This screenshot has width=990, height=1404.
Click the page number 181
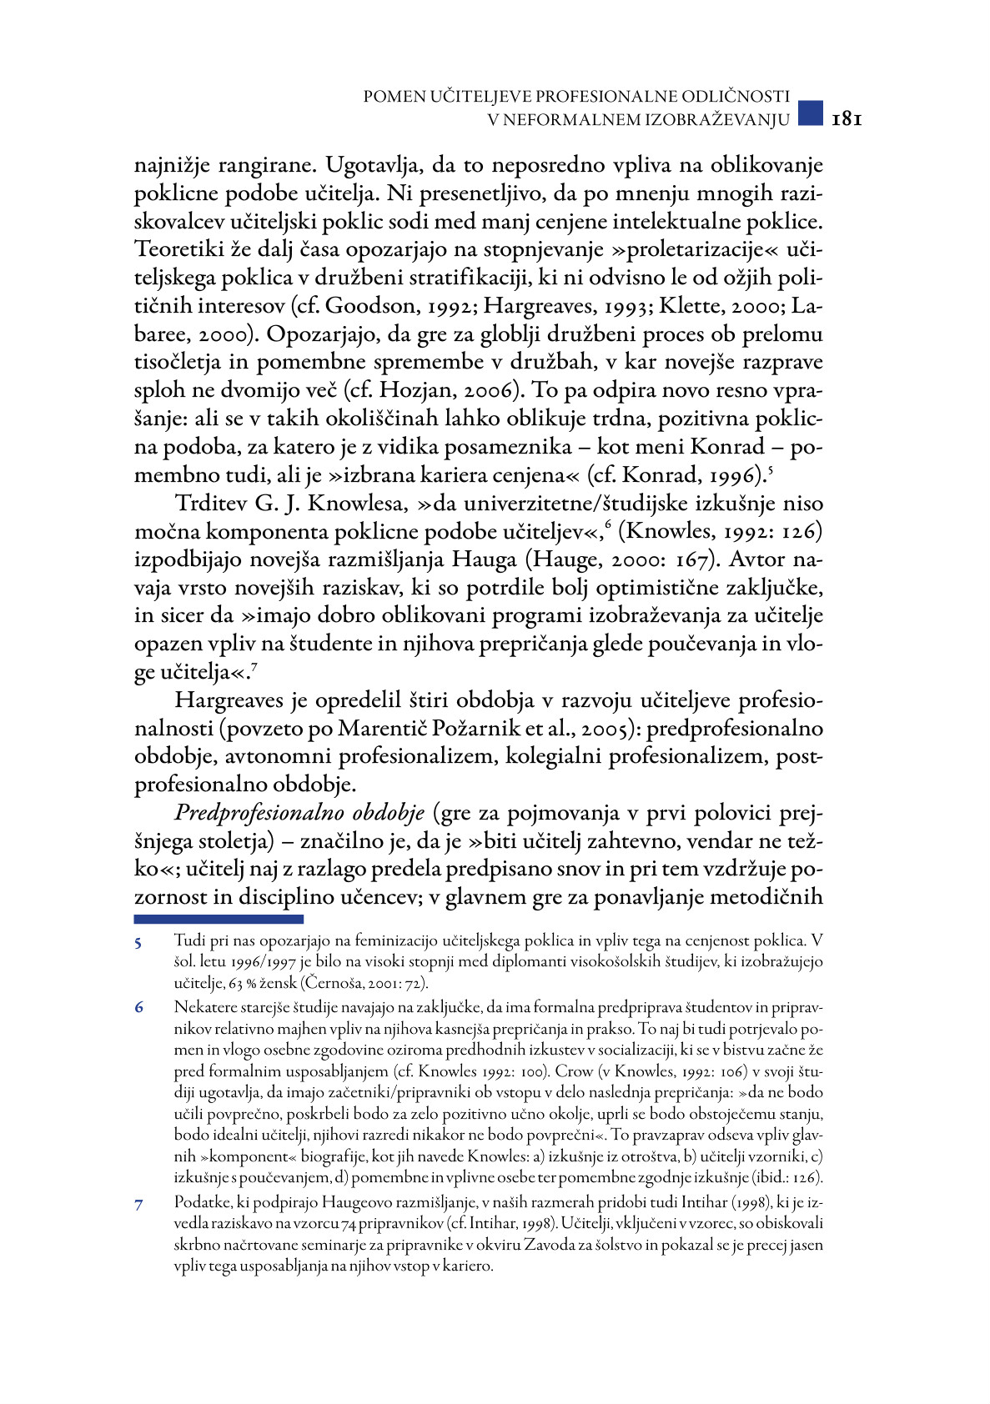(846, 119)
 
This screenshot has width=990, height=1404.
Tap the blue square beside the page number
(810, 113)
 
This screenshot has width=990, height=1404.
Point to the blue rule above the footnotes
(219, 919)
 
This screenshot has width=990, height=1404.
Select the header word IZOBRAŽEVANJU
(718, 120)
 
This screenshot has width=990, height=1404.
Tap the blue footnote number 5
(138, 943)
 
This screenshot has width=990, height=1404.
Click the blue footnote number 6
(138, 1008)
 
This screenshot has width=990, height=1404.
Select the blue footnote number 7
(138, 1204)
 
